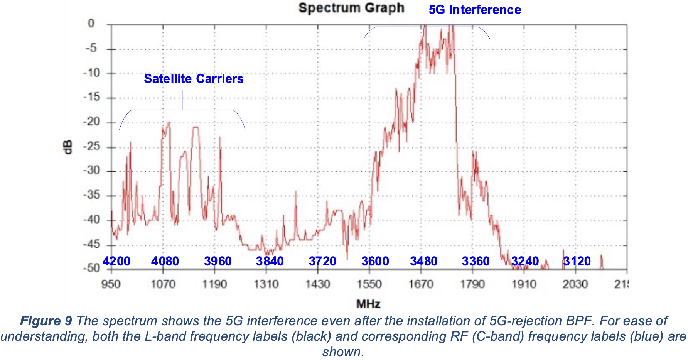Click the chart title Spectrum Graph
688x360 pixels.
coord(351,8)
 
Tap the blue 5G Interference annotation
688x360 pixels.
coord(475,10)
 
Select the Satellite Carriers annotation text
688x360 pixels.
coord(194,79)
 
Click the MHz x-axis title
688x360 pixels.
coord(368,304)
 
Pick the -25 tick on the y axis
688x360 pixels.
coord(92,147)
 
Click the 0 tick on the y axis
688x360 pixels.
coord(91,24)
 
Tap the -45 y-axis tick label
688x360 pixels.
coord(92,244)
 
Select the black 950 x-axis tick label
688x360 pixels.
coord(111,284)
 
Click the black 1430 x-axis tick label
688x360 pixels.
coord(317,284)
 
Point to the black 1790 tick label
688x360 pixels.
coord(472,284)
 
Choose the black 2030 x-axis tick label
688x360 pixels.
coord(575,284)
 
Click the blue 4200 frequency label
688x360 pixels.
coord(116,261)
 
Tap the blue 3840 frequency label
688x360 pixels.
coord(270,261)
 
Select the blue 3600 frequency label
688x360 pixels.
coord(375,261)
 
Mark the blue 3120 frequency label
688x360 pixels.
coord(577,261)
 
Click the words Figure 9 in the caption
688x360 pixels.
coord(46,321)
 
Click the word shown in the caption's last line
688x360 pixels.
coord(342,352)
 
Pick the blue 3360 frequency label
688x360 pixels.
coord(476,261)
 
